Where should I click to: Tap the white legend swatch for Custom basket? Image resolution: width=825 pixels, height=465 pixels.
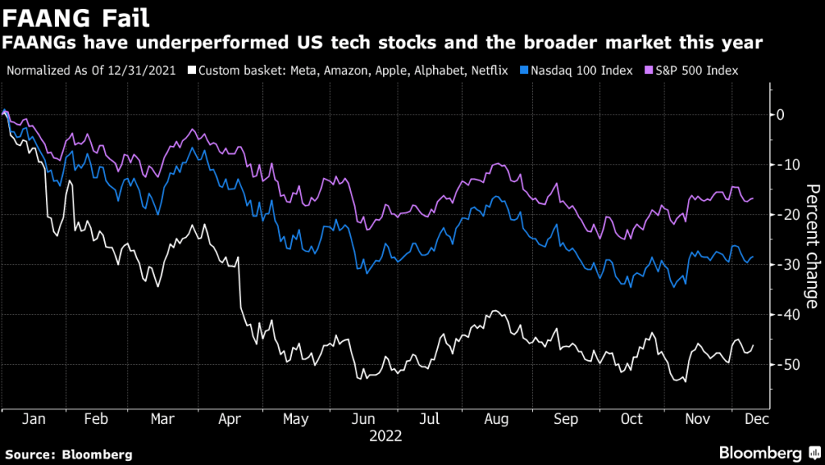tap(191, 71)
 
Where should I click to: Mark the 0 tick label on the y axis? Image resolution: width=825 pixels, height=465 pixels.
tap(780, 114)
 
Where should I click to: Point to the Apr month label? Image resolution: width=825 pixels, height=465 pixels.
tap(231, 420)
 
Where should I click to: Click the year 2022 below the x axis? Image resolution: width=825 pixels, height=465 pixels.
tap(385, 436)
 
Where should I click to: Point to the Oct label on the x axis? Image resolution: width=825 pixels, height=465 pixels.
tap(632, 420)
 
